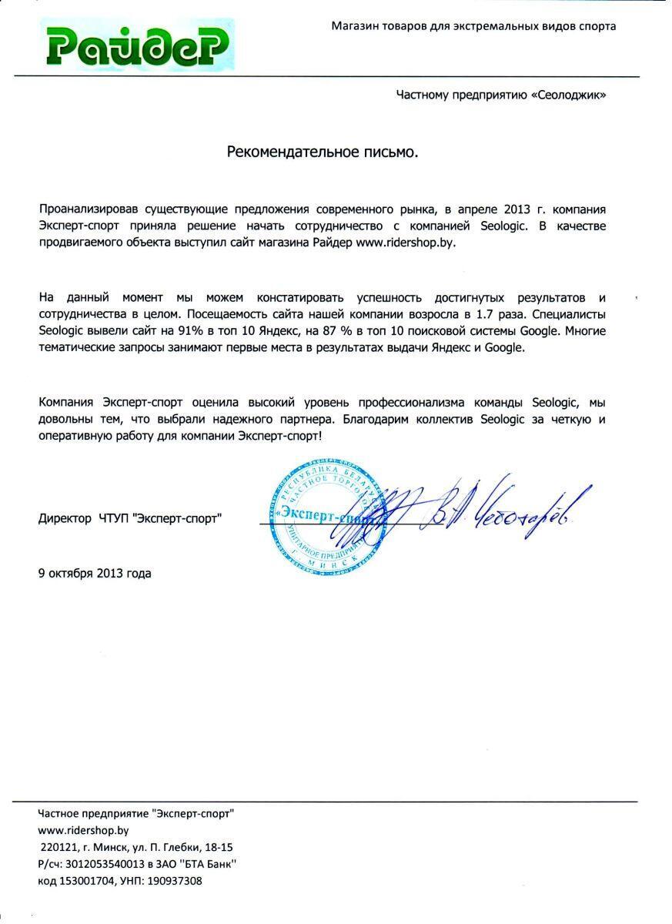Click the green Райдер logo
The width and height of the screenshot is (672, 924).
[136, 45]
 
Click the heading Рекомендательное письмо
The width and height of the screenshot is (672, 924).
[323, 152]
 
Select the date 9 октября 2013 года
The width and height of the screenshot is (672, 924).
[95, 573]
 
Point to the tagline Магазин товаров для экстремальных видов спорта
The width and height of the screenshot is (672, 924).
[473, 26]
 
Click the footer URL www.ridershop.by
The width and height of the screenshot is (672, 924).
[83, 830]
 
